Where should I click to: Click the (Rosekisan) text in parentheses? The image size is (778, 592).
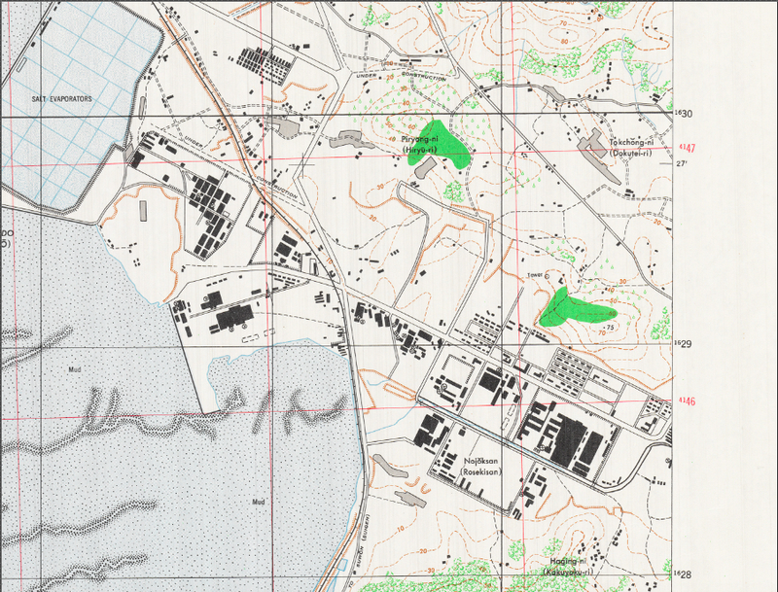479,472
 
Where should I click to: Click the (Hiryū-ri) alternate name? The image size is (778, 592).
421,149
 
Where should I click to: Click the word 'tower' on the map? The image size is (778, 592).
534,275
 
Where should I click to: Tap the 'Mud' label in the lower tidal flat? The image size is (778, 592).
259,502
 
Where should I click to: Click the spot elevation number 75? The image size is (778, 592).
610,327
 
